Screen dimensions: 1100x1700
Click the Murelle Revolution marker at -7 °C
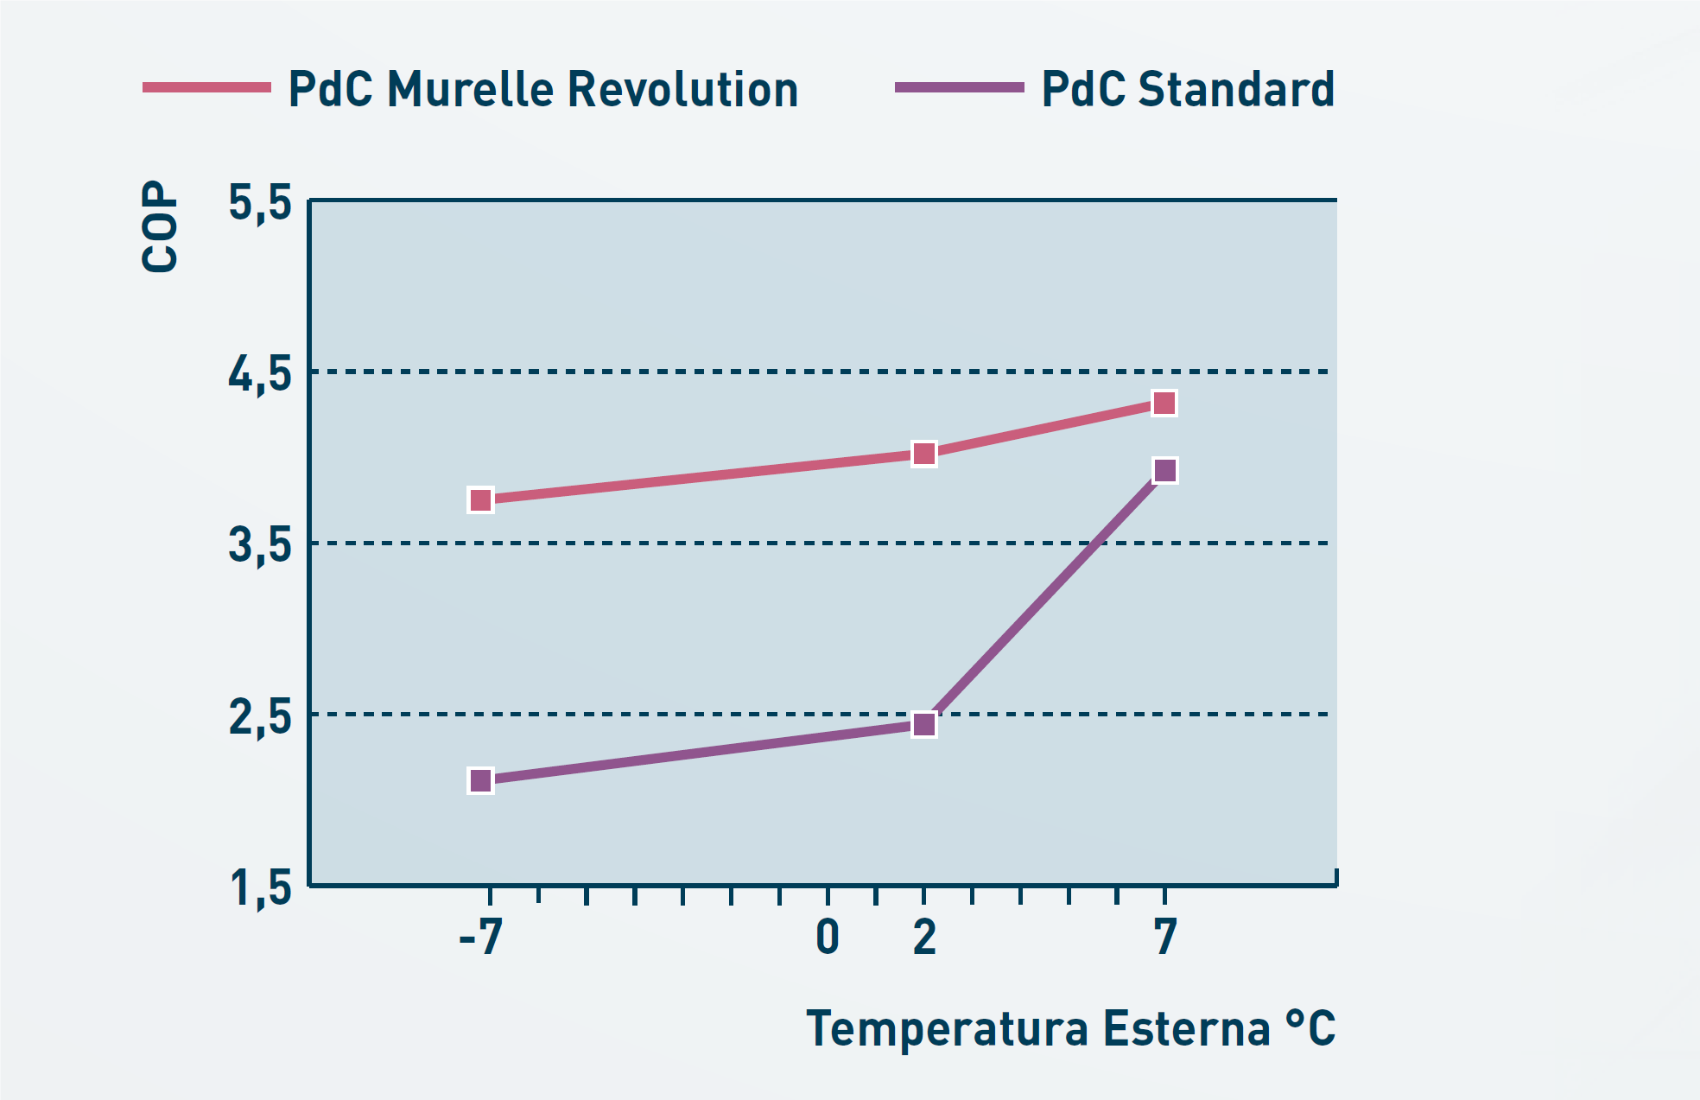[x=480, y=500]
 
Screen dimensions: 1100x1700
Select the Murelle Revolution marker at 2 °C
[x=923, y=454]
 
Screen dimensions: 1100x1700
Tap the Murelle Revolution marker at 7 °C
[x=1164, y=404]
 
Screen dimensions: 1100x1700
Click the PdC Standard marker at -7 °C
[x=480, y=781]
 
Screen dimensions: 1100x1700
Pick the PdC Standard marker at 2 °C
[x=923, y=724]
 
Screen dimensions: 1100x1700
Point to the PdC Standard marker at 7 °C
[x=1164, y=470]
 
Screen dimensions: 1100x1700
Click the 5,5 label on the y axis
[x=260, y=205]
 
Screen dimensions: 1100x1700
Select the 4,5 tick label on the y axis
[x=260, y=375]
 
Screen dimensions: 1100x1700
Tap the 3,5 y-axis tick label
[x=260, y=546]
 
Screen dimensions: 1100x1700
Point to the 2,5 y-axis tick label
[x=260, y=717]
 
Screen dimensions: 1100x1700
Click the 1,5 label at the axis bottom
[x=260, y=887]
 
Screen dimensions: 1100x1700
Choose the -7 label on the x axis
[x=481, y=937]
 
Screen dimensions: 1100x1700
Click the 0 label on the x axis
[x=828, y=937]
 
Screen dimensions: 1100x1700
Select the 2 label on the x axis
[x=924, y=937]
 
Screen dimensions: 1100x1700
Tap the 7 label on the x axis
[x=1165, y=937]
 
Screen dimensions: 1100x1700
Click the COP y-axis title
[x=160, y=226]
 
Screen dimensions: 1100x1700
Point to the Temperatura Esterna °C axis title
[x=1070, y=1028]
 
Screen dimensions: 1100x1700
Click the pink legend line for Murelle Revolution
[x=206, y=87]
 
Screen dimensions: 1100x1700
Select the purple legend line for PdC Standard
[x=959, y=87]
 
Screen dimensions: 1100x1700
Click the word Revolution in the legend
[x=682, y=89]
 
